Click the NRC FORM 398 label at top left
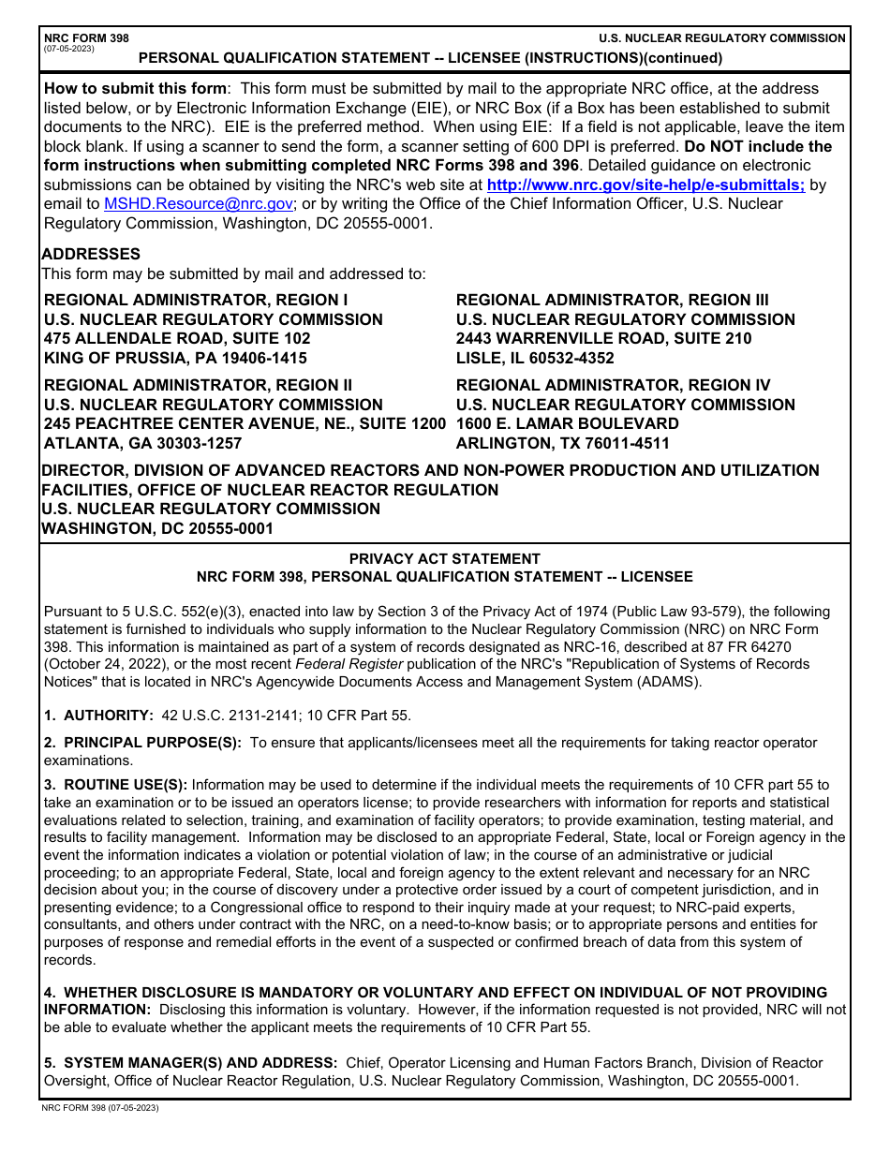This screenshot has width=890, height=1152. click(86, 38)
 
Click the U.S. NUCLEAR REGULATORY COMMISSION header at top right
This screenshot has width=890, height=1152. click(722, 38)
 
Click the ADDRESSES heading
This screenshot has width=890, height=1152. click(91, 254)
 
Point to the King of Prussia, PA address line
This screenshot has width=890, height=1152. click(175, 358)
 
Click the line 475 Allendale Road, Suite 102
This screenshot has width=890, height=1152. click(177, 338)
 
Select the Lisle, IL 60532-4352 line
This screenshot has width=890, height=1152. click(535, 358)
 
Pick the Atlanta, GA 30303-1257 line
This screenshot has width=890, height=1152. click(142, 443)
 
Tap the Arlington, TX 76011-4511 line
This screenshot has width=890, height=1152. click(562, 443)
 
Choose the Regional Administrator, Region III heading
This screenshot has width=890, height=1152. click(612, 300)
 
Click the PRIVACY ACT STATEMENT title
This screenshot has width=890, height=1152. click(444, 559)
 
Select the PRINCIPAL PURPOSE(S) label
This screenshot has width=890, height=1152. click(152, 743)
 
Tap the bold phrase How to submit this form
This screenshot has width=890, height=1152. click(135, 89)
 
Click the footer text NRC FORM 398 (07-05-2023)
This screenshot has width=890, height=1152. click(100, 1108)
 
